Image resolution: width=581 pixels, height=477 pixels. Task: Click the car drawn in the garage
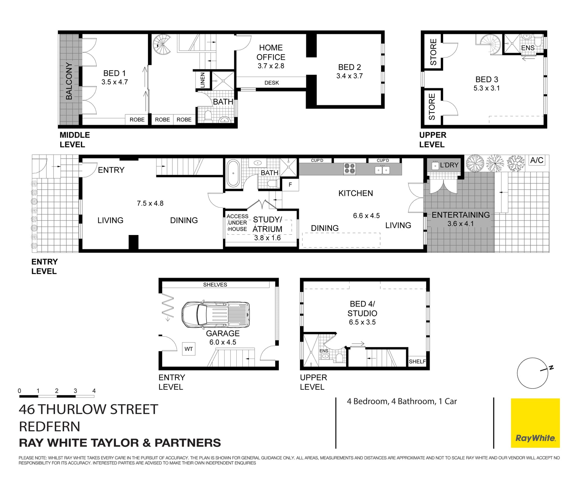coord(216,314)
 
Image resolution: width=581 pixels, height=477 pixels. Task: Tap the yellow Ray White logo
coord(535,423)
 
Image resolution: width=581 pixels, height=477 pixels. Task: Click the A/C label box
coord(537,160)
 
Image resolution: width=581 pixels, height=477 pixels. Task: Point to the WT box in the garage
coord(189,349)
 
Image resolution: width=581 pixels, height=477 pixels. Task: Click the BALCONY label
coord(69,81)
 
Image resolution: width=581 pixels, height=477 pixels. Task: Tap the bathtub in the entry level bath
coord(233,174)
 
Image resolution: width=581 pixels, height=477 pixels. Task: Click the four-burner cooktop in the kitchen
coord(350,168)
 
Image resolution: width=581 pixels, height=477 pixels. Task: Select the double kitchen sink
coord(382,170)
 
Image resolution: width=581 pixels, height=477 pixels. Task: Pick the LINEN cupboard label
coord(202,80)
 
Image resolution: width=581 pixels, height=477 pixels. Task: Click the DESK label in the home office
coord(271,83)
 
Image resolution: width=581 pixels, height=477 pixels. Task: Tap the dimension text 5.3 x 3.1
coord(487,88)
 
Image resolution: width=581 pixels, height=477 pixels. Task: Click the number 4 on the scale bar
coord(94,391)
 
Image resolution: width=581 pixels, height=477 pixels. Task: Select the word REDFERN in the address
coord(50,426)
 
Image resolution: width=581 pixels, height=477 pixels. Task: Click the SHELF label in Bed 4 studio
coord(417,361)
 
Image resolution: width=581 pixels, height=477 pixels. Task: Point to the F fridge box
coord(290,184)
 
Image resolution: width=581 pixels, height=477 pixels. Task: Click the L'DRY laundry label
coord(449,165)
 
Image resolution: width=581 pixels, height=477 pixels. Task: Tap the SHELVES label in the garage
coord(215,285)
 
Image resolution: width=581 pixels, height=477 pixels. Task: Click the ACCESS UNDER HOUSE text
coord(237,223)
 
